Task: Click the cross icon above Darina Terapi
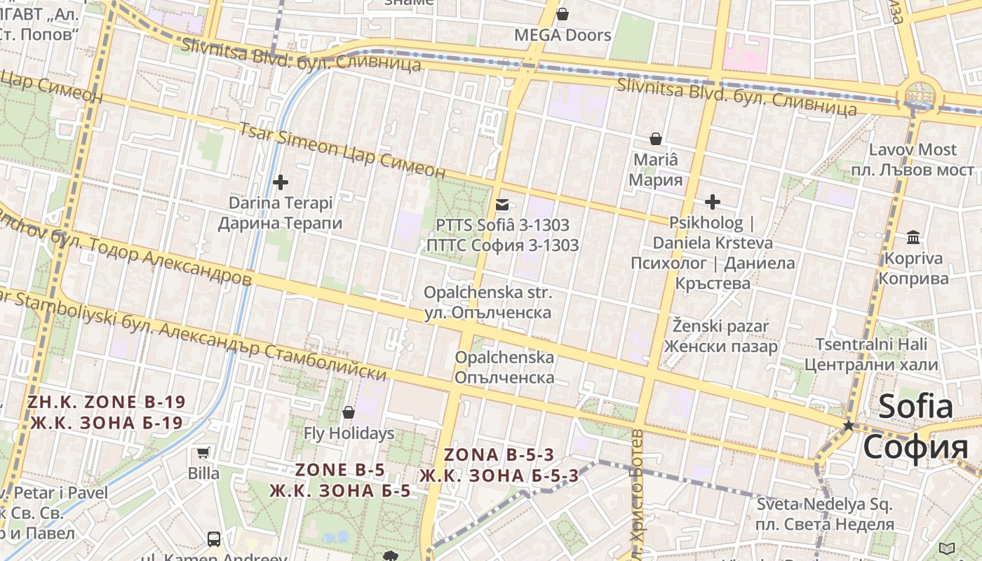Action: pyautogui.click(x=281, y=182)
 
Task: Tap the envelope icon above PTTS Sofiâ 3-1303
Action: pyautogui.click(x=502, y=205)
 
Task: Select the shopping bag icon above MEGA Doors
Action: pyautogui.click(x=563, y=14)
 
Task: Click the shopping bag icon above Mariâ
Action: pyautogui.click(x=656, y=139)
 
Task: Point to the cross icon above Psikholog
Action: pyautogui.click(x=713, y=203)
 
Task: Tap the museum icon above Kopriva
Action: pyautogui.click(x=913, y=238)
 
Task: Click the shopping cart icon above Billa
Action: pyautogui.click(x=203, y=452)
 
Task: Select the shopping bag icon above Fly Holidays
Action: pyautogui.click(x=349, y=412)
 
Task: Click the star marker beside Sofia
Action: pyautogui.click(x=849, y=426)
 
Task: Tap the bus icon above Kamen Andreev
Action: pyautogui.click(x=214, y=539)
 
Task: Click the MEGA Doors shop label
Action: pyautogui.click(x=563, y=35)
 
